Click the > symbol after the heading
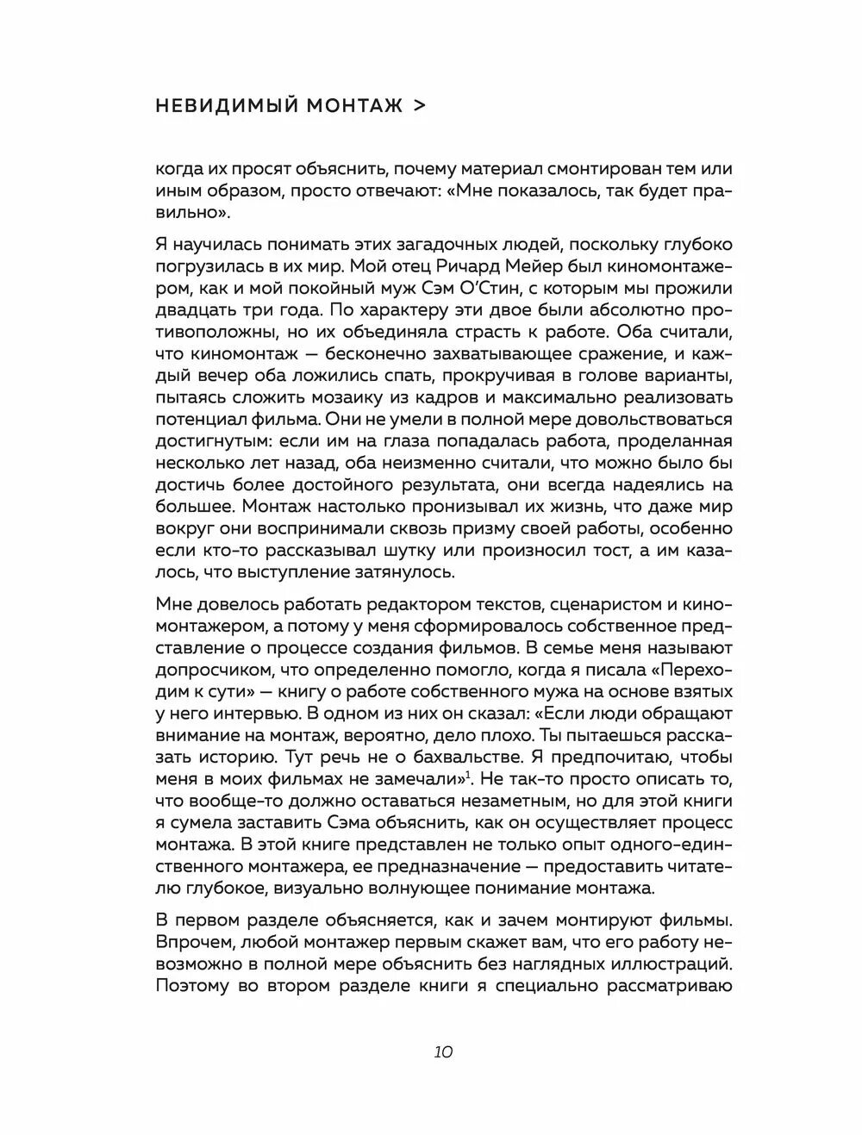pos(419,106)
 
